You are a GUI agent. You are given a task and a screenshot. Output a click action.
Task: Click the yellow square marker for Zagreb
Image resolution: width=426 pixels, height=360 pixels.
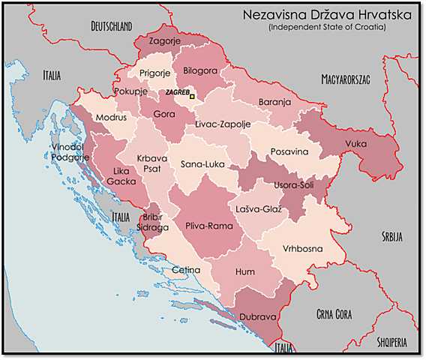coord(192,96)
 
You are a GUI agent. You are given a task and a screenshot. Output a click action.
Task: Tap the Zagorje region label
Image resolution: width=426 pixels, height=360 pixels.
coord(164,43)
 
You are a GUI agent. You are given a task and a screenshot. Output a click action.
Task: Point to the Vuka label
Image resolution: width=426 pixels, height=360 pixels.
coord(356,143)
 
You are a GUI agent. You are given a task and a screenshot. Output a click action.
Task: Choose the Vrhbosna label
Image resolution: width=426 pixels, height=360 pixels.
coord(303,247)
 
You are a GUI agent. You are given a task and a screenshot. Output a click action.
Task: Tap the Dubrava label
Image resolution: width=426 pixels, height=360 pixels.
coord(258,316)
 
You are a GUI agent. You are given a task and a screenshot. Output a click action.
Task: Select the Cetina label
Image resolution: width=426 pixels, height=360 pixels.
coord(186,269)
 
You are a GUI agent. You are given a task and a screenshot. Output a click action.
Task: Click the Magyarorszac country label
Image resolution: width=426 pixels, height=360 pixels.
coord(346,78)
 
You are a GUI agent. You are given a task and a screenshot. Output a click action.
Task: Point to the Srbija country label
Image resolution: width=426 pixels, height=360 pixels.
coord(391,237)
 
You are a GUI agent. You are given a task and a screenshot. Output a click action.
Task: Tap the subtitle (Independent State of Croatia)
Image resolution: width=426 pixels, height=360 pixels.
coord(327,27)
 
